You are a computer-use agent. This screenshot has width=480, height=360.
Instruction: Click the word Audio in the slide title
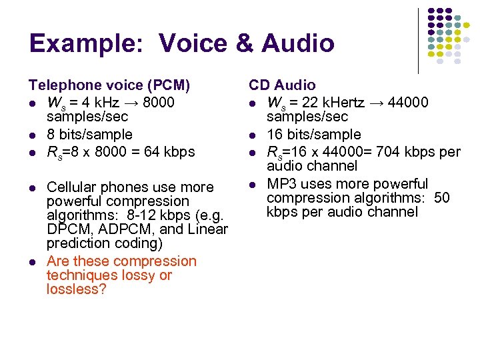pyautogui.click(x=298, y=43)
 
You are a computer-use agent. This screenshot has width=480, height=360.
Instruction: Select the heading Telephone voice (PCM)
pyautogui.click(x=109, y=85)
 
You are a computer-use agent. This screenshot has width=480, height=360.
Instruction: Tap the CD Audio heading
pyautogui.click(x=283, y=85)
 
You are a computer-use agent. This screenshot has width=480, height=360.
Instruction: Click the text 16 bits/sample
pyautogui.click(x=314, y=135)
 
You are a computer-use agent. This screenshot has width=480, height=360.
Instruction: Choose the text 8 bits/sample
pyautogui.click(x=89, y=135)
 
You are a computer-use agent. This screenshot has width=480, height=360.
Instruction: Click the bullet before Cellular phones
pyautogui.click(x=32, y=188)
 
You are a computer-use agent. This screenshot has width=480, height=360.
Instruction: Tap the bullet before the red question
pyautogui.click(x=32, y=262)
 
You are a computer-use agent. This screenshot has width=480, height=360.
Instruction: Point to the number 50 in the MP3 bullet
pyautogui.click(x=442, y=198)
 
